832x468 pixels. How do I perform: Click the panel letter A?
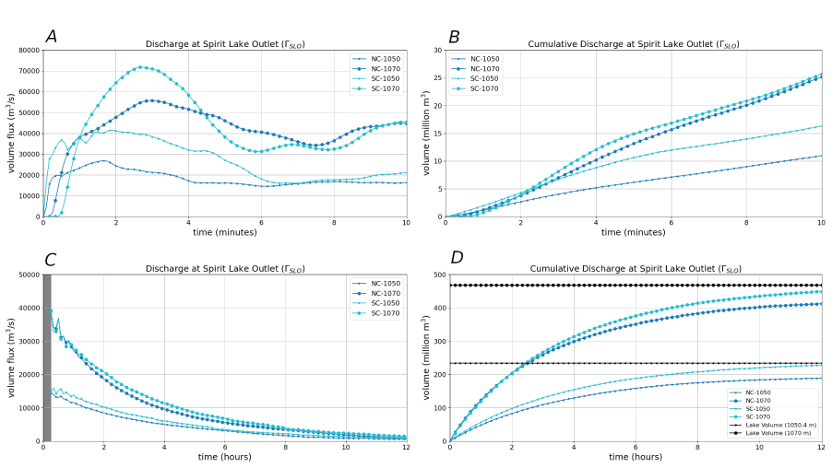coord(52,36)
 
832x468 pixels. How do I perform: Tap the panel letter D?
coord(455,259)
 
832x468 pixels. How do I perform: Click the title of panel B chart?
coord(634,44)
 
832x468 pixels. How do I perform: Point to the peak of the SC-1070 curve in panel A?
coord(140,66)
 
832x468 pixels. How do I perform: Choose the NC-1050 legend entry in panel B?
coord(483,58)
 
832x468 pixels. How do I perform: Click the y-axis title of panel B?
coord(425,133)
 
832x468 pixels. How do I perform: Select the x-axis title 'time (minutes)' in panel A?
coord(225,232)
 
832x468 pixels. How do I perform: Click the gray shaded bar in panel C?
coord(46,357)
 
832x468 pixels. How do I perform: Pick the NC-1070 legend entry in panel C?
coord(386,293)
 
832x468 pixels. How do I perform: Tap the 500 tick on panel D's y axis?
coord(435,275)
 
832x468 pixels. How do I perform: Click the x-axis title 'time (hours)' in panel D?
coord(635,457)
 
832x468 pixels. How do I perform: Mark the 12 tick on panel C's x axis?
coord(406,447)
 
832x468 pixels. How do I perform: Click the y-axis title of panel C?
coord(11,357)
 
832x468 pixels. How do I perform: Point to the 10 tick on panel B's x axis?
coord(822,222)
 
